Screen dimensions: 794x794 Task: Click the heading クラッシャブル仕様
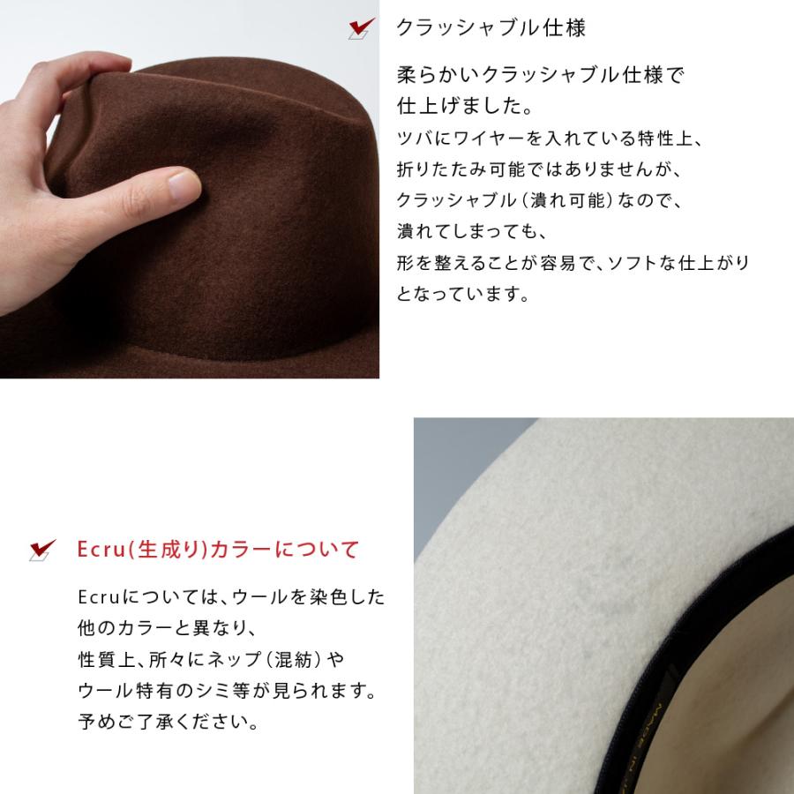pyautogui.click(x=491, y=28)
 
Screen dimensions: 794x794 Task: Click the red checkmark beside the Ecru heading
pyautogui.click(x=42, y=550)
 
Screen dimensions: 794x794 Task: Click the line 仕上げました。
pyautogui.click(x=464, y=106)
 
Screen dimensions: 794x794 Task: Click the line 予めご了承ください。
pyautogui.click(x=168, y=723)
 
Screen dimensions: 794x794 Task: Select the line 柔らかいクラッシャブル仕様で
pyautogui.click(x=541, y=75)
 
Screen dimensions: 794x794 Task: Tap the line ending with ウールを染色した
pyautogui.click(x=231, y=596)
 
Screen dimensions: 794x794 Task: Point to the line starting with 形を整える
pyautogui.click(x=573, y=263)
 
